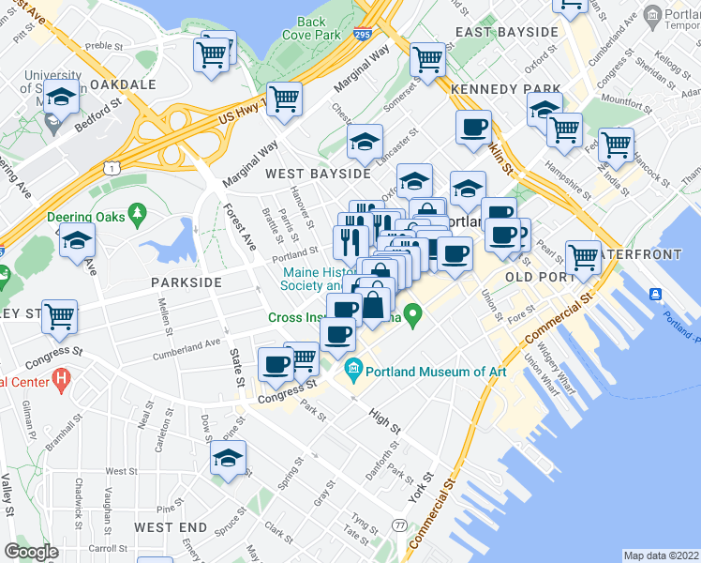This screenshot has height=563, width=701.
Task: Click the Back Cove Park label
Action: point(311,28)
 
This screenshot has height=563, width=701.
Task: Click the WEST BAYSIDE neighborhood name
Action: point(318,174)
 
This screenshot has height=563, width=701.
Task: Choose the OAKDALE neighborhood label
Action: point(124,84)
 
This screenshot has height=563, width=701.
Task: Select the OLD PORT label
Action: point(539,278)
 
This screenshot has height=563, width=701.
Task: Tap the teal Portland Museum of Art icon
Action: point(353,366)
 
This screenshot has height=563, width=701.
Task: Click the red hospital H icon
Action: point(62,381)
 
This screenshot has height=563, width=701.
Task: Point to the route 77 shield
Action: point(400,525)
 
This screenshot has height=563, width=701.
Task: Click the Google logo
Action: point(31,552)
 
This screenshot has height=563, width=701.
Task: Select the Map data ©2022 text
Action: point(661,555)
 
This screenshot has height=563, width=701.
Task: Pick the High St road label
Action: point(383,418)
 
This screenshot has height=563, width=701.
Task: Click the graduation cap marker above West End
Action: point(228,460)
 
